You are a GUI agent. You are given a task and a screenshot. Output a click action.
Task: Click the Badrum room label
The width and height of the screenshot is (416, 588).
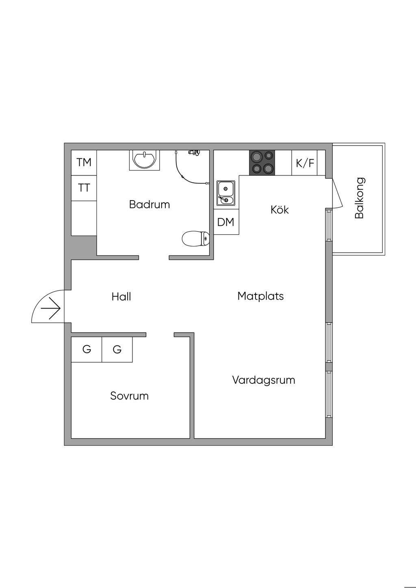(x=149, y=205)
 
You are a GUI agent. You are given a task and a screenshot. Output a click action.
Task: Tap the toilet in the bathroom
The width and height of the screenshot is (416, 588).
(x=196, y=239)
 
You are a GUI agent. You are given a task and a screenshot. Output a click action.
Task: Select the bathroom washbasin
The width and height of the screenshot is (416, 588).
(x=144, y=160)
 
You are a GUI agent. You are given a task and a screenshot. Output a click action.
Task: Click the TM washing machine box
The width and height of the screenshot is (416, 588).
(x=84, y=162)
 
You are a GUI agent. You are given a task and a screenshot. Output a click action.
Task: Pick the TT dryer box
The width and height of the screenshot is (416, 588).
(x=84, y=188)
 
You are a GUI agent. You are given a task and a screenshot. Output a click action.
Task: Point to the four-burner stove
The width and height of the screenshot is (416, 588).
(x=262, y=162)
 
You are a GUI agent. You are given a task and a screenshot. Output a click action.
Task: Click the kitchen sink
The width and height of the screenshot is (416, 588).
(x=226, y=192)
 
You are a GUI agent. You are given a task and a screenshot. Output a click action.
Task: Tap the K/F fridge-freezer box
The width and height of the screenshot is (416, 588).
(x=305, y=163)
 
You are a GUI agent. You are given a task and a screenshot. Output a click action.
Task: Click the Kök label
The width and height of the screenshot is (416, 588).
(x=279, y=210)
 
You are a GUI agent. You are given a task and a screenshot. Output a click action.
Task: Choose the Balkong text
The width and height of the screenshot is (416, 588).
(x=359, y=198)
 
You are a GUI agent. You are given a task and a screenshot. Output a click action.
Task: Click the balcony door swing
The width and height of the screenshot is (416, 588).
(x=337, y=193)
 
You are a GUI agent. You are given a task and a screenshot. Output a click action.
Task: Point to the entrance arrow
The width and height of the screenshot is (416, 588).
(x=51, y=308)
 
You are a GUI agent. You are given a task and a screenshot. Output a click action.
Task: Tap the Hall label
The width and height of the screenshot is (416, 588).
(x=121, y=296)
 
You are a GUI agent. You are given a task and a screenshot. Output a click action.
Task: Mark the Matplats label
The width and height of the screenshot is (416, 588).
(x=260, y=296)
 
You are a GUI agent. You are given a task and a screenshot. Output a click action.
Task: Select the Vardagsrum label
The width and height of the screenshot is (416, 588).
(x=264, y=380)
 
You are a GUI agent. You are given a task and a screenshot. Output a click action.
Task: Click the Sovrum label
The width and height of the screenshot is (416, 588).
(x=130, y=396)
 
